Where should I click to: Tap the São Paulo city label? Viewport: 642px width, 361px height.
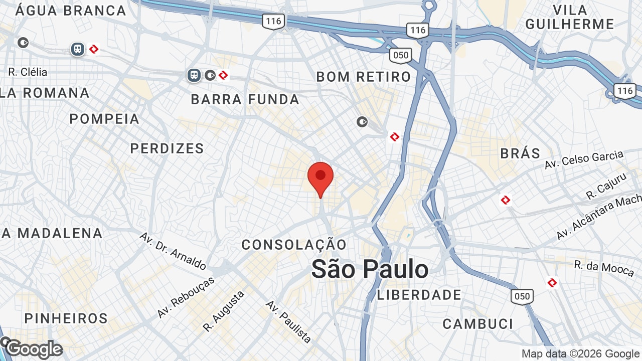pyautogui.click(x=370, y=269)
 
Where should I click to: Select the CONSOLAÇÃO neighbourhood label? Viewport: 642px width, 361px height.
pyautogui.click(x=294, y=245)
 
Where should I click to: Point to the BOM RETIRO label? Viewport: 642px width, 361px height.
pyautogui.click(x=363, y=77)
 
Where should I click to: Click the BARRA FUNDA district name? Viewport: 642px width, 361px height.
pyautogui.click(x=245, y=99)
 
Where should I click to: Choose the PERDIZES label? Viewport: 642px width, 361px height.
pyautogui.click(x=167, y=148)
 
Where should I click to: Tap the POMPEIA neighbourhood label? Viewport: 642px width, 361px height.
pyautogui.click(x=104, y=119)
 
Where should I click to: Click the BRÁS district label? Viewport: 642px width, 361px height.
pyautogui.click(x=520, y=153)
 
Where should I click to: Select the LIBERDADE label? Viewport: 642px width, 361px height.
pyautogui.click(x=419, y=295)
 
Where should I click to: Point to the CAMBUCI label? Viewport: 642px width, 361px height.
pyautogui.click(x=477, y=324)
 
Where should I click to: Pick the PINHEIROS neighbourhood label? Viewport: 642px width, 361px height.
pyautogui.click(x=66, y=318)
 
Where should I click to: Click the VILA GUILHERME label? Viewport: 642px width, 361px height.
pyautogui.click(x=570, y=17)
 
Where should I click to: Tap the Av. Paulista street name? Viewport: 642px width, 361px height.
pyautogui.click(x=288, y=321)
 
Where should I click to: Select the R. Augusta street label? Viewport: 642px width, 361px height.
pyautogui.click(x=224, y=311)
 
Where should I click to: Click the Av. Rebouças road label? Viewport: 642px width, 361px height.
pyautogui.click(x=186, y=297)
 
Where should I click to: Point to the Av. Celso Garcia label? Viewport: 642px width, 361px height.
pyautogui.click(x=584, y=160)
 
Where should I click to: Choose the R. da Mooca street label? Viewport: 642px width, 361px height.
pyautogui.click(x=604, y=268)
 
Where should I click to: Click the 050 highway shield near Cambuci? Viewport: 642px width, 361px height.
pyautogui.click(x=522, y=296)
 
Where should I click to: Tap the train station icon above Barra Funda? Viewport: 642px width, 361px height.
pyautogui.click(x=194, y=75)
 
